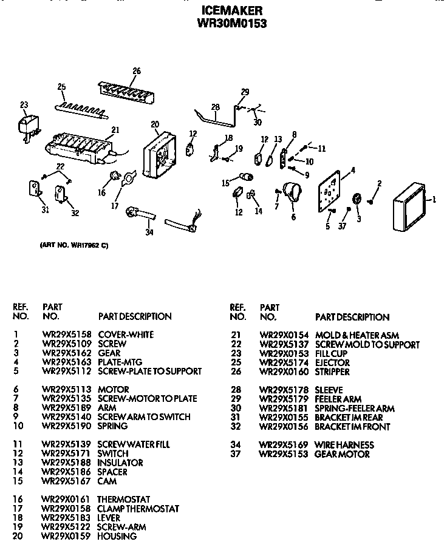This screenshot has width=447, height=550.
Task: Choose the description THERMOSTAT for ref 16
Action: tap(124, 499)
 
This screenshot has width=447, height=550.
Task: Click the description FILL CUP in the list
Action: tap(330, 353)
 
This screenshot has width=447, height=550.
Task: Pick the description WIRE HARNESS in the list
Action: tap(344, 445)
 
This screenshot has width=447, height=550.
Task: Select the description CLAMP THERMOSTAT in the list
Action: tap(138, 509)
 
